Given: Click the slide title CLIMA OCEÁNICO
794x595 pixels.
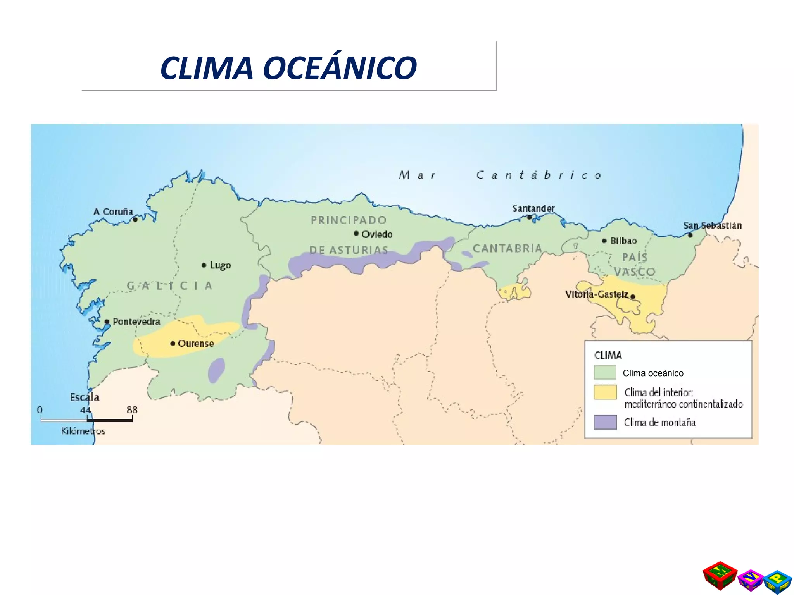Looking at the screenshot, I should click(x=288, y=68).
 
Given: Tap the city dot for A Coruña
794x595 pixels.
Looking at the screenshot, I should click(x=135, y=220).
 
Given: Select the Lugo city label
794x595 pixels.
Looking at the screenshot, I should click(x=220, y=265).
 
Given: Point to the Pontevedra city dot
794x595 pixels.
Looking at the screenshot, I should click(x=107, y=322).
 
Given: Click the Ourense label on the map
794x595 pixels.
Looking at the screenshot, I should click(x=195, y=344).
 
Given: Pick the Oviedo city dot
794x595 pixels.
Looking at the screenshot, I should click(x=356, y=233).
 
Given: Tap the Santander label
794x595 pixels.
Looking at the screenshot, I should click(x=533, y=208).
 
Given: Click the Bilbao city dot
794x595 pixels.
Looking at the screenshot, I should click(x=604, y=241).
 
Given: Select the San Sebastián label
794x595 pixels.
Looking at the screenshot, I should click(x=712, y=225).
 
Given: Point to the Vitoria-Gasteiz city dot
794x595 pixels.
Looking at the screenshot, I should click(x=633, y=297).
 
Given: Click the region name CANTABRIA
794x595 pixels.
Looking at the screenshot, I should click(x=507, y=248).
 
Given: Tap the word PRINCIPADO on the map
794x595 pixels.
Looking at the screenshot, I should click(x=349, y=220).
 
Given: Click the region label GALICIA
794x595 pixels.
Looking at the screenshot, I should click(x=170, y=286).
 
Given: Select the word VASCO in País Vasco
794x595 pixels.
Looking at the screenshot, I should click(x=635, y=272).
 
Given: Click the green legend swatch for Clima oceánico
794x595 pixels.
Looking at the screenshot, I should click(x=605, y=373).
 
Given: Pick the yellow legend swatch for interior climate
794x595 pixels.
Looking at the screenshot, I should click(x=605, y=392).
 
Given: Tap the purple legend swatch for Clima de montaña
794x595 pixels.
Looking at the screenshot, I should click(x=605, y=422).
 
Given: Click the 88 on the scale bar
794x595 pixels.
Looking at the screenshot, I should click(x=132, y=410).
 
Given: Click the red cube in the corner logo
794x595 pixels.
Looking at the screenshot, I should click(x=720, y=576).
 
